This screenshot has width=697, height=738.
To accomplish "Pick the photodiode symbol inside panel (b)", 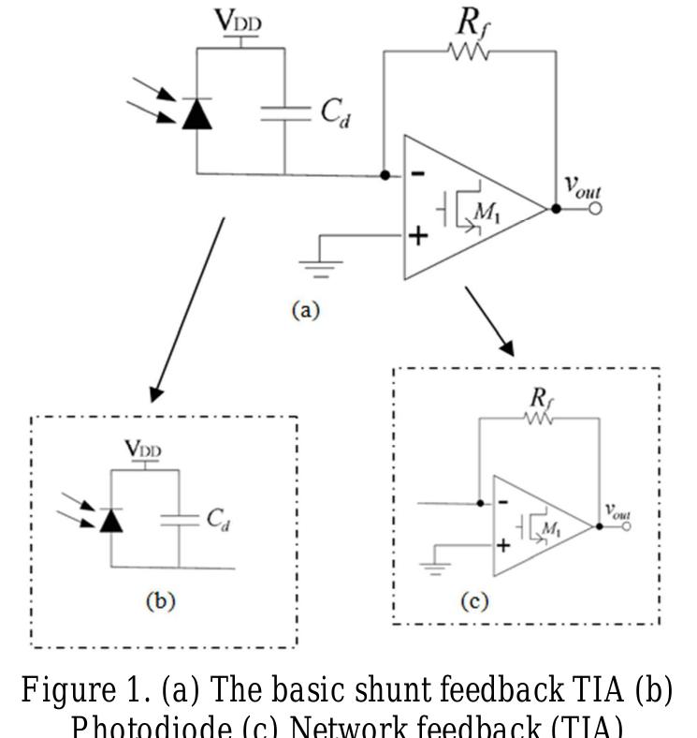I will [111, 519].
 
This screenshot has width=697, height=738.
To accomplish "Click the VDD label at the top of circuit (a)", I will [242, 21].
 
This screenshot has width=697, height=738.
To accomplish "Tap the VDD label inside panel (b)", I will [143, 450].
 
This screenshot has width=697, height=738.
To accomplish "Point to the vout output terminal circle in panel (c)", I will [626, 526].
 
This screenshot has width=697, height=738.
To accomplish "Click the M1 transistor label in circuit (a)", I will [486, 214].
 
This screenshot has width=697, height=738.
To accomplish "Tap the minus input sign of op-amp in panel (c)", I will [502, 502].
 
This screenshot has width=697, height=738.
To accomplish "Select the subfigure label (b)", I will [160, 601].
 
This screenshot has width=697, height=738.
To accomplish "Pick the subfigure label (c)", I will [474, 601].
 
